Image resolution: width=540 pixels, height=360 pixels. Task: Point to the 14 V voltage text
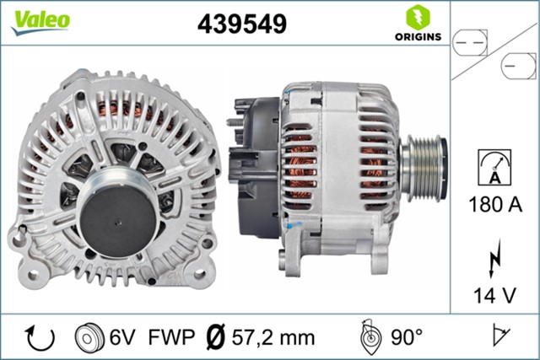494,294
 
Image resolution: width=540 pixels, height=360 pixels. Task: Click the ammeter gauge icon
494,167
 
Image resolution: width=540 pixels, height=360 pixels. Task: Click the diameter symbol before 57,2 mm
215,337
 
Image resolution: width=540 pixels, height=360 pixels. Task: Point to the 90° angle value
407,337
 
